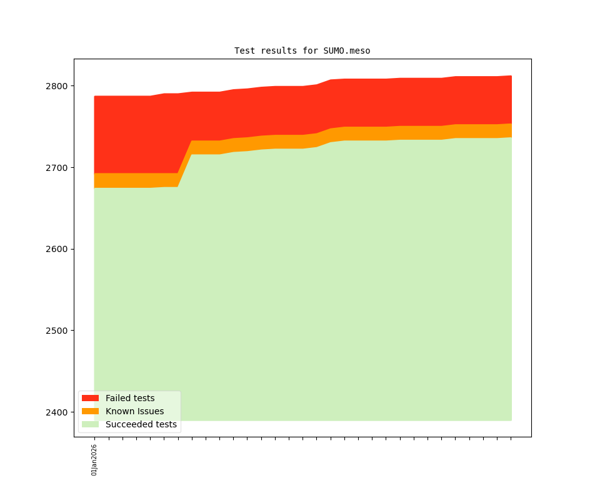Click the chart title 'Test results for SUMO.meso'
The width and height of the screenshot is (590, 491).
point(302,51)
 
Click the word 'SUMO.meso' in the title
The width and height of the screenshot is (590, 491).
point(347,51)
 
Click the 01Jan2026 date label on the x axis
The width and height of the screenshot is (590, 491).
point(94,460)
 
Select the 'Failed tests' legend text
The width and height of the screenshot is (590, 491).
point(130,398)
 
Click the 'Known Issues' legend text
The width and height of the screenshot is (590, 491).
point(134,411)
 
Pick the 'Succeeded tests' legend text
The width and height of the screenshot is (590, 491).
point(141,424)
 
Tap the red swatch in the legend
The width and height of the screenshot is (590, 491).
point(90,398)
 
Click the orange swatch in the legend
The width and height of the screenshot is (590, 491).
point(90,411)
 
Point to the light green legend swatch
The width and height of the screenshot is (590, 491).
point(90,424)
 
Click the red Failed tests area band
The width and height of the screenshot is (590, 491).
point(312,106)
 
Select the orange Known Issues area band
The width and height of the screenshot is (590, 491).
point(312,141)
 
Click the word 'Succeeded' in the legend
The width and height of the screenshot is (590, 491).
point(127,424)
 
